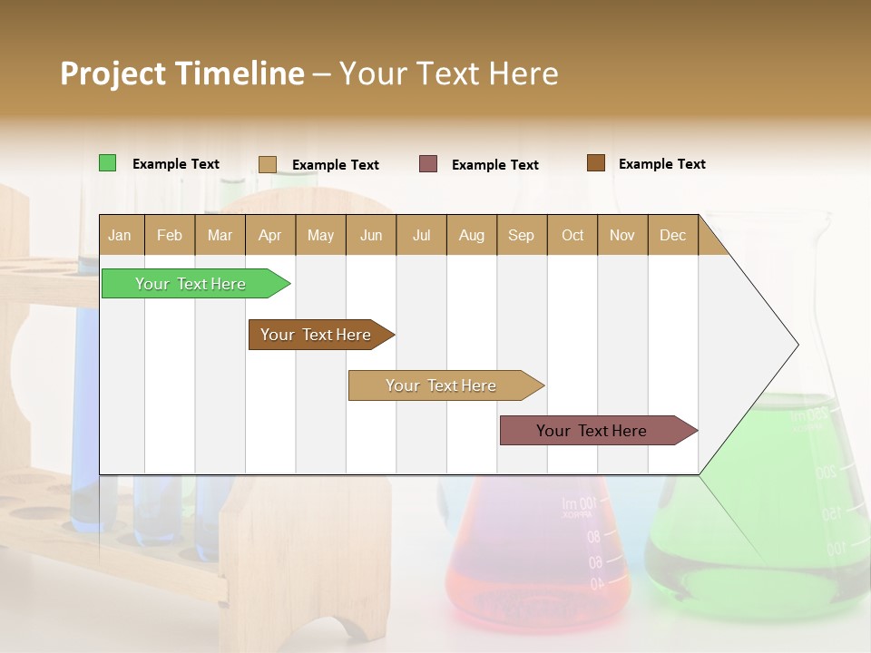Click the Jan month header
click(x=120, y=235)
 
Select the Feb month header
click(x=170, y=235)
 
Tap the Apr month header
click(x=269, y=235)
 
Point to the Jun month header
click(x=371, y=235)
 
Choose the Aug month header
click(x=471, y=235)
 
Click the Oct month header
click(x=573, y=235)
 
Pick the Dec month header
click(x=672, y=235)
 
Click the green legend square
click(x=107, y=163)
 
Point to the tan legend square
click(x=267, y=164)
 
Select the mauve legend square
click(x=428, y=164)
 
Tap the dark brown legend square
click(x=595, y=163)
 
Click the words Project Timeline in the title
click(x=181, y=73)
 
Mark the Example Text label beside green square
click(x=176, y=164)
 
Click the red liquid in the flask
click(x=535, y=580)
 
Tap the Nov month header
click(x=622, y=235)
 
